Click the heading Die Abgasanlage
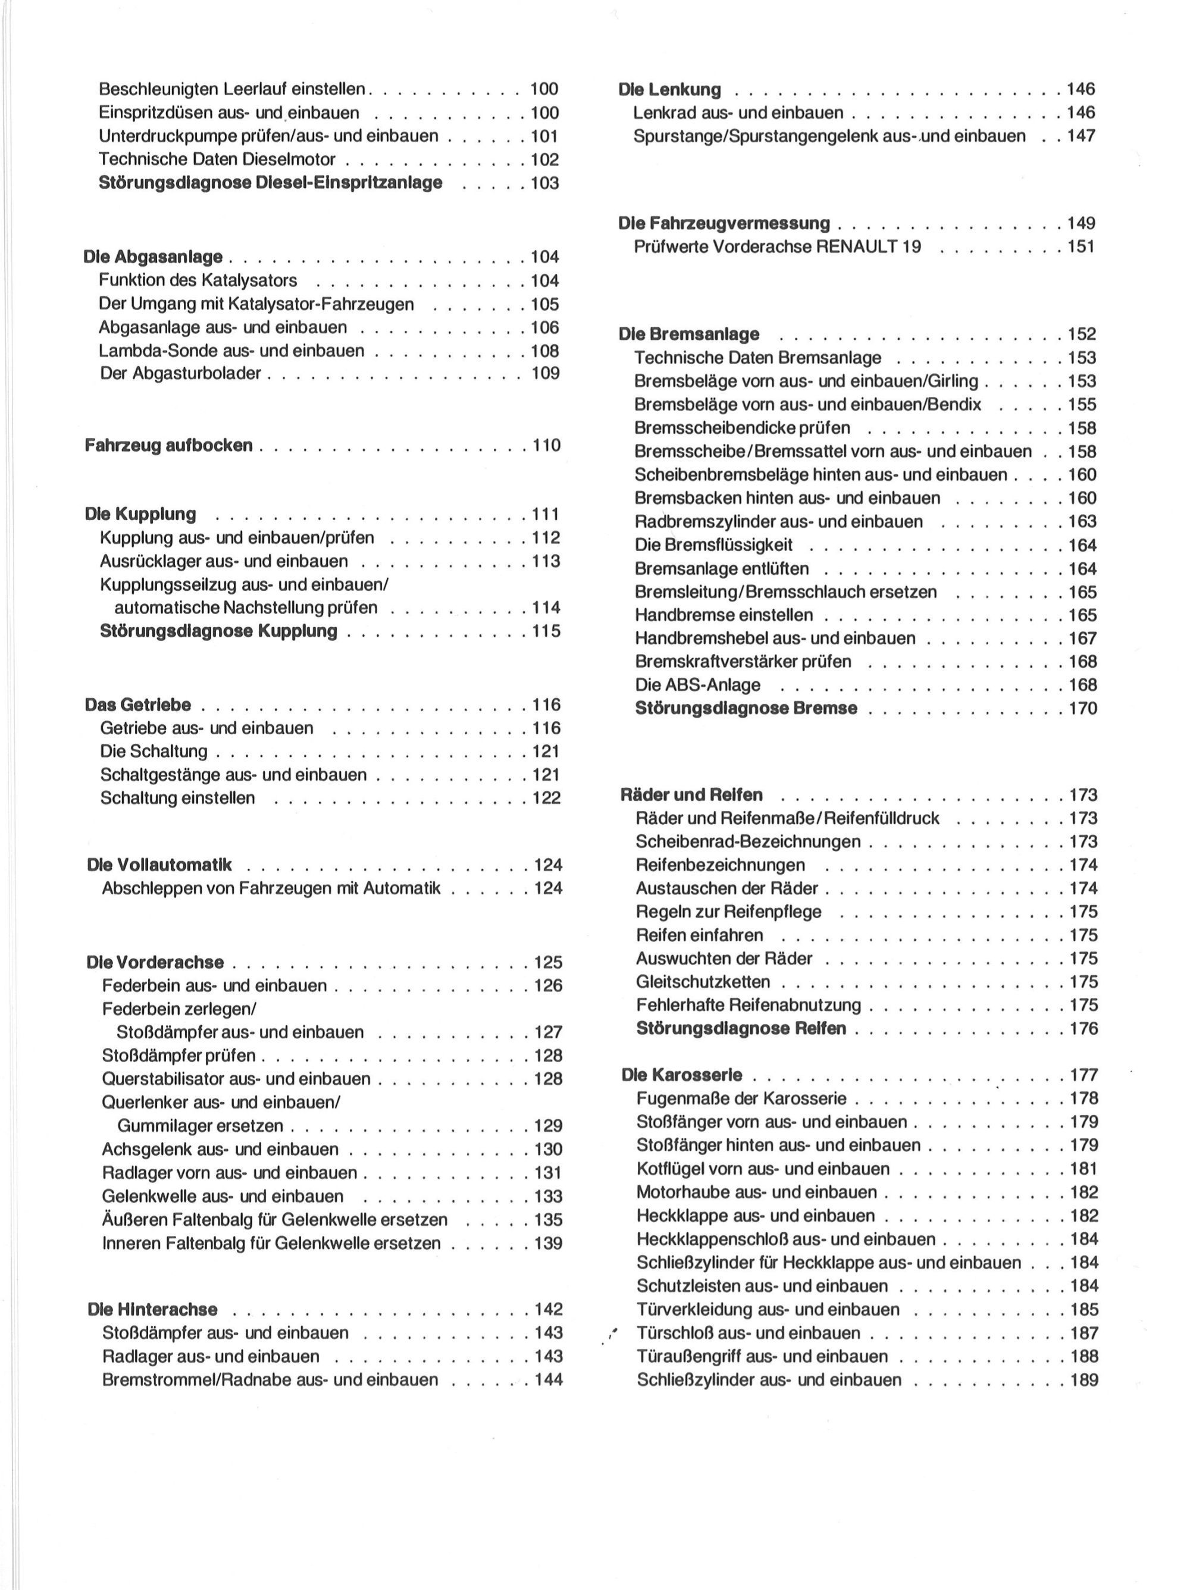click(152, 256)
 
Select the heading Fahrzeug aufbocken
click(168, 445)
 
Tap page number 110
click(546, 445)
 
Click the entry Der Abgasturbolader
click(180, 374)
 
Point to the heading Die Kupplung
click(140, 514)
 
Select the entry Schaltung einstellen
click(177, 798)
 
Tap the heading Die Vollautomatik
click(159, 865)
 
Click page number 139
click(547, 1243)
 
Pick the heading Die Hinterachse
click(152, 1309)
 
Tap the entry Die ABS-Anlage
click(697, 685)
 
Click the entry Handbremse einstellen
click(724, 615)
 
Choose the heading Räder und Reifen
click(691, 795)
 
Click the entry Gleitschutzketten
click(703, 982)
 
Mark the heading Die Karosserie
click(682, 1075)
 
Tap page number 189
click(1083, 1379)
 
